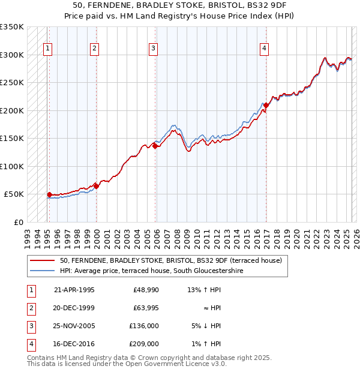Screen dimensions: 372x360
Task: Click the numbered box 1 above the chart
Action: click(x=47, y=49)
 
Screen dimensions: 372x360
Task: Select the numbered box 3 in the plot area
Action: click(x=154, y=49)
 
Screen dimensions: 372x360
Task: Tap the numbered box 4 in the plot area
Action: click(x=265, y=49)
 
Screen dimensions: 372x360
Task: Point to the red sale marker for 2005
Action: click(x=155, y=146)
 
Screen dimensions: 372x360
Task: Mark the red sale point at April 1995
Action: click(x=49, y=194)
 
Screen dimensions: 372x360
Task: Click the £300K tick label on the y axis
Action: click(x=12, y=55)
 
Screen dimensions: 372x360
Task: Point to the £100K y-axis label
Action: click(x=12, y=166)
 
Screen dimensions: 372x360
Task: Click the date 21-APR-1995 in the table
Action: click(x=74, y=290)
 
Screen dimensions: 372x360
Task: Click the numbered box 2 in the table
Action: click(x=30, y=308)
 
